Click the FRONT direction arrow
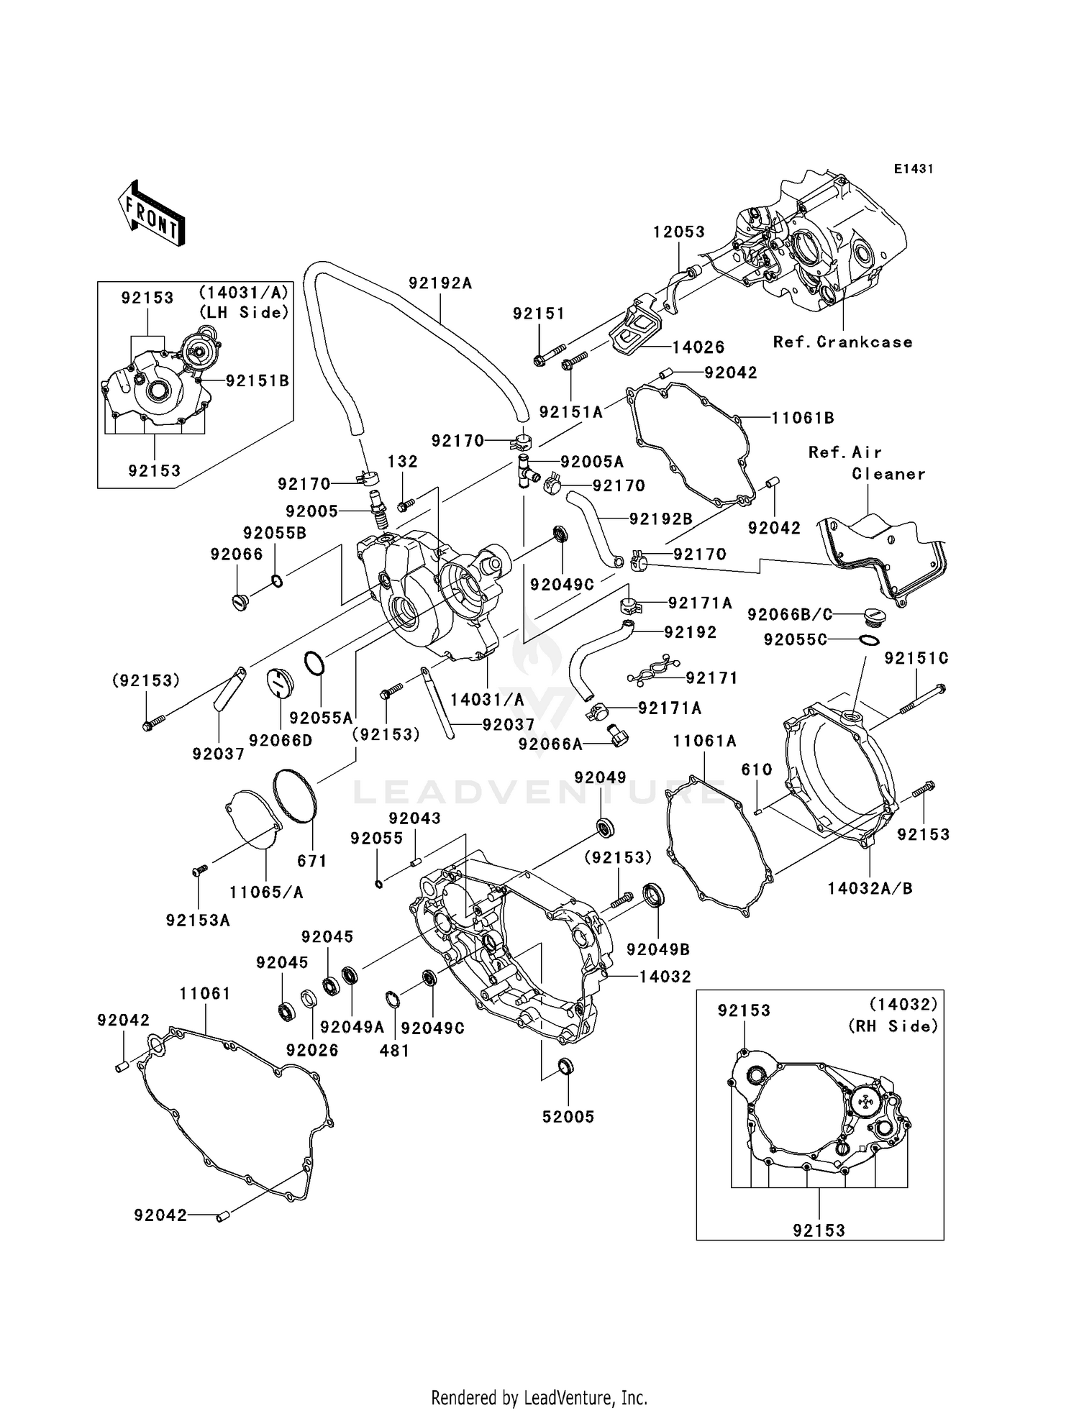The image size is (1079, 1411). [152, 213]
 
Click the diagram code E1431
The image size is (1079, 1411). [914, 169]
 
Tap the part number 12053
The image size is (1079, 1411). [679, 232]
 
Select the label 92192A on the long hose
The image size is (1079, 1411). [440, 283]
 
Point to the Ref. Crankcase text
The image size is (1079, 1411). [842, 342]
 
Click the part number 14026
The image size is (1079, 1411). [698, 347]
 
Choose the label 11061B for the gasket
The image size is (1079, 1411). [803, 418]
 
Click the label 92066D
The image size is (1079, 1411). [281, 740]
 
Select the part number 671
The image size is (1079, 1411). [312, 861]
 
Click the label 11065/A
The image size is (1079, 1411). [266, 892]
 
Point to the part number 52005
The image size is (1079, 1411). [568, 1117]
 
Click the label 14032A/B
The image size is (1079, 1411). [870, 889]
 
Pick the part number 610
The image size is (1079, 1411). [757, 770]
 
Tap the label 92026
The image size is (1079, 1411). [312, 1050]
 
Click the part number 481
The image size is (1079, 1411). [394, 1051]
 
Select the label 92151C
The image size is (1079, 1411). [916, 658]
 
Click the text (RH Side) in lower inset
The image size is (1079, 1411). [893, 1027]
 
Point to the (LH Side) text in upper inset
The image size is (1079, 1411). [244, 312]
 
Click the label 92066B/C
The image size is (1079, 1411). [790, 615]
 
